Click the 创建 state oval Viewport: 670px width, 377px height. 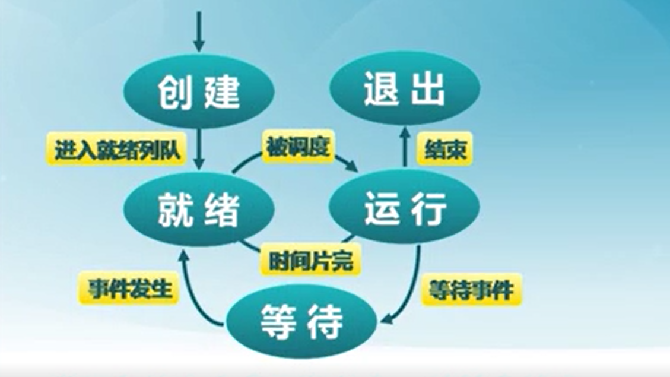(x=199, y=91)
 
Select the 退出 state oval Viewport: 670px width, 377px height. (x=405, y=88)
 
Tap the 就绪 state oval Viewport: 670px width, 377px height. (x=199, y=209)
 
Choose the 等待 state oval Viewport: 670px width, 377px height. (x=301, y=321)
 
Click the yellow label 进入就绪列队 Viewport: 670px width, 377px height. (x=116, y=149)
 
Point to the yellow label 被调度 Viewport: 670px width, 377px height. (x=298, y=146)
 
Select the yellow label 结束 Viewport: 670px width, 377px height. (x=445, y=149)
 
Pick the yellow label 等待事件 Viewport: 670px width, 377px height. (x=471, y=290)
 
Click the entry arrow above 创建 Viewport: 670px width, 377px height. (x=199, y=31)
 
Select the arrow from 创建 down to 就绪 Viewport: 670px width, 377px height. (x=199, y=149)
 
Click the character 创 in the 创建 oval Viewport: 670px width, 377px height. (x=173, y=91)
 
